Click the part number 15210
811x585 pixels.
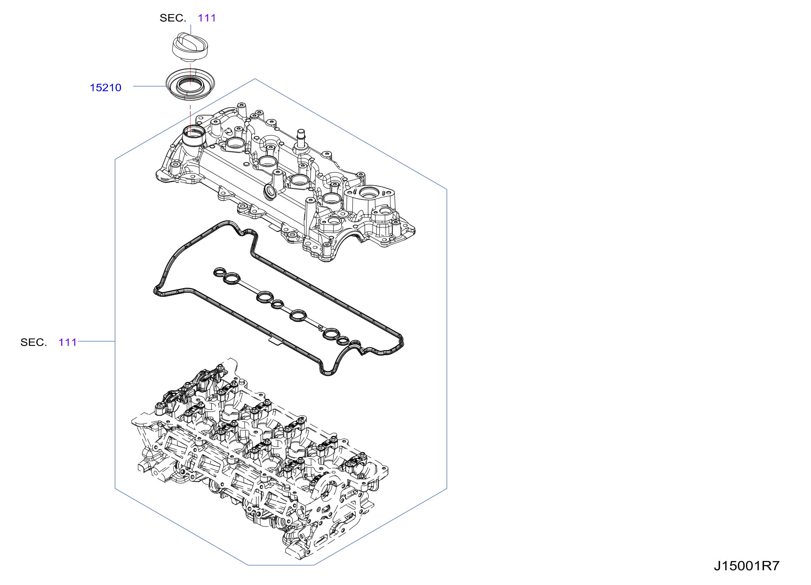coord(105,88)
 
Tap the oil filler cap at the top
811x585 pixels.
coord(190,47)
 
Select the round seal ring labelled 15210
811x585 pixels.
coord(190,84)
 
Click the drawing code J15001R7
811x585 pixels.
coord(746,566)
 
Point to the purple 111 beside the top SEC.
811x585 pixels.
coord(207,18)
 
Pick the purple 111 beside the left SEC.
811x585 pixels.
coord(67,342)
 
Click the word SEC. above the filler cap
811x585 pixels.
coord(173,18)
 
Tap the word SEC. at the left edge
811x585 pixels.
coord(34,342)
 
